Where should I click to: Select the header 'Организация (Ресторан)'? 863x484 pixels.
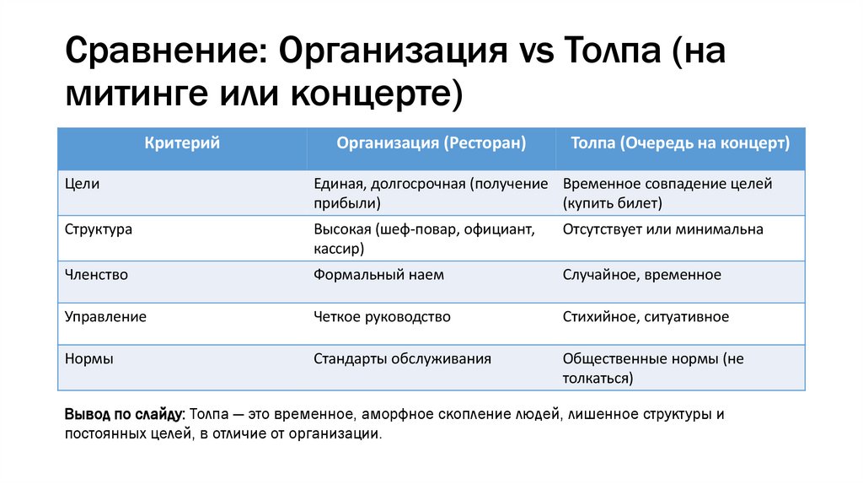tap(431, 143)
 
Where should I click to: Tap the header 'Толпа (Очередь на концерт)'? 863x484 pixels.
tap(680, 143)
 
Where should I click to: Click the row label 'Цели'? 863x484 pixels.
tap(83, 184)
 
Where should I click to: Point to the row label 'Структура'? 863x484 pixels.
tap(99, 229)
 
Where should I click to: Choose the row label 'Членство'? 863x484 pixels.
tap(96, 275)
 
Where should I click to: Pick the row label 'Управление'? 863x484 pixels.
tap(105, 317)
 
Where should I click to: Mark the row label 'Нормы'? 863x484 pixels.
tap(89, 359)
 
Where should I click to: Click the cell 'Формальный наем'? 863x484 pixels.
tap(378, 275)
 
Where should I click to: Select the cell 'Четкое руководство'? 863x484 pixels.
tap(382, 317)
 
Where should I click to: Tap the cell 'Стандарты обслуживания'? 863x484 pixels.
tap(402, 359)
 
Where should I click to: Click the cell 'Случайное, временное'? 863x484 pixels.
tap(641, 275)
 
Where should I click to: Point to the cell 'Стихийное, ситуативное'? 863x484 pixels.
tap(646, 317)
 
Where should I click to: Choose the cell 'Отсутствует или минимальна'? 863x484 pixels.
tap(662, 229)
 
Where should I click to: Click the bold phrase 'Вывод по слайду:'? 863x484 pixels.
tap(124, 415)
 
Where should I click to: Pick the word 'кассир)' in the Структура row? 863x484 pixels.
tap(339, 249)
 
